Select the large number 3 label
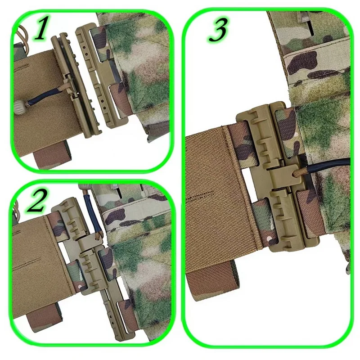(218, 30)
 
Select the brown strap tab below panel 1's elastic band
(50, 156)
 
